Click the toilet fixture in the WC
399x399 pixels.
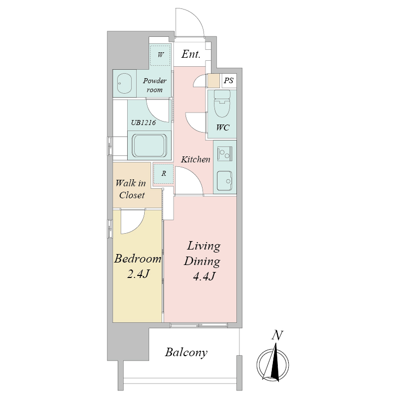[x=222, y=104]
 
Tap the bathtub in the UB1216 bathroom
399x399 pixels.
[x=149, y=145]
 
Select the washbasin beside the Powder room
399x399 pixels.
[x=124, y=84]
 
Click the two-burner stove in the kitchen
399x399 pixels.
[x=224, y=154]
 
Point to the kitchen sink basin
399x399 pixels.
[x=224, y=181]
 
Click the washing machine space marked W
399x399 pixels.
[x=160, y=55]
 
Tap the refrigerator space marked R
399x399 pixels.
[x=164, y=173]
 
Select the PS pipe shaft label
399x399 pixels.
[x=228, y=81]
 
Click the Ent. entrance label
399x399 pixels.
[x=191, y=54]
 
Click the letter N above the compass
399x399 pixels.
[x=277, y=335]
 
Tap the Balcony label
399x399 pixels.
[x=186, y=353]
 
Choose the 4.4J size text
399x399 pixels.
[x=204, y=276]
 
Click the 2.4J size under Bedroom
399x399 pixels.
[x=138, y=274]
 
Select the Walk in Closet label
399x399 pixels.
[x=131, y=189]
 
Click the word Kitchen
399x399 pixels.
[x=196, y=159]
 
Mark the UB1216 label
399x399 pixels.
[x=143, y=123]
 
